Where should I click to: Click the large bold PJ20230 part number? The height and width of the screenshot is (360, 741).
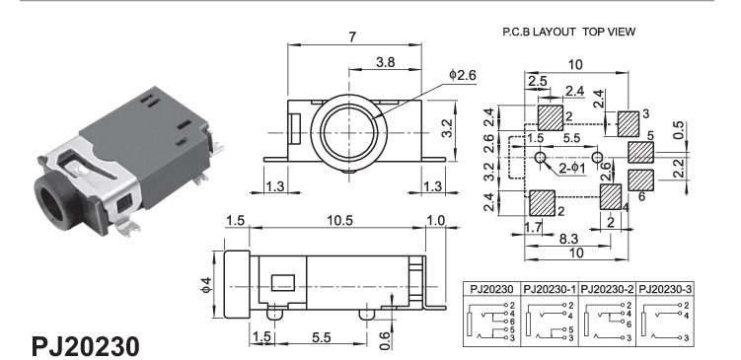tap(86, 346)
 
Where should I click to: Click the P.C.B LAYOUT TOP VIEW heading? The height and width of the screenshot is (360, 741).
tap(569, 32)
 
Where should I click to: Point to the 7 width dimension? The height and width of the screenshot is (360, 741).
tap(352, 36)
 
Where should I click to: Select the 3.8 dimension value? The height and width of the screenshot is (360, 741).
tap(385, 62)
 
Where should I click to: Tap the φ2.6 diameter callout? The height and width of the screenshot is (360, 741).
tap(463, 75)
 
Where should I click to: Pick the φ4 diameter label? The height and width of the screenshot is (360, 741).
tap(206, 285)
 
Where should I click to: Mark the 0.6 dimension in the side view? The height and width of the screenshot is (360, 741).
tap(386, 340)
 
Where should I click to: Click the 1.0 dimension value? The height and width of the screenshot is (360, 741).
tap(435, 221)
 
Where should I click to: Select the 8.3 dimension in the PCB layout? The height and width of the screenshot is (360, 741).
tap(568, 238)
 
